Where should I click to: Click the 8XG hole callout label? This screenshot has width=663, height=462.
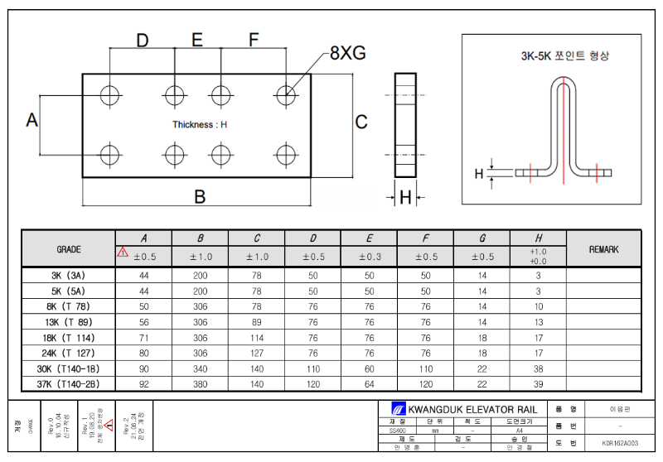coord(347,53)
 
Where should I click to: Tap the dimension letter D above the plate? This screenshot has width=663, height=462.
coord(142,41)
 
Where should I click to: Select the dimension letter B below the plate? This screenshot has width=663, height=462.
coord(200,197)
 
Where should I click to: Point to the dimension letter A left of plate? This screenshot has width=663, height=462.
coord(32,121)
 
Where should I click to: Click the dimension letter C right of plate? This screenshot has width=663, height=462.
coord(361,122)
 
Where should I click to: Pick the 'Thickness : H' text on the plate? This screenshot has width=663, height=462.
coord(200,124)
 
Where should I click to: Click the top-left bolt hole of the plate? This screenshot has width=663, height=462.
coord(110,95)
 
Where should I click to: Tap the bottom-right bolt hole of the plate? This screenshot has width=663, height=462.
coord(287,154)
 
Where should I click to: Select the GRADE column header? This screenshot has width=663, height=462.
coord(68,248)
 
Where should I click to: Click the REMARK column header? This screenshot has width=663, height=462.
coord(603,248)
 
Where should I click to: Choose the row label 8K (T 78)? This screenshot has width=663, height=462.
coord(68,306)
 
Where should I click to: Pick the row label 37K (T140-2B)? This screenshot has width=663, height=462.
coord(68,384)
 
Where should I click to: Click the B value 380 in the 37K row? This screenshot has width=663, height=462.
coord(200,384)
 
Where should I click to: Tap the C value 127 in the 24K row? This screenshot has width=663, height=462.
coord(256,353)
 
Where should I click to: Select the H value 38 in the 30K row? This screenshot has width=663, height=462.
coord(538,368)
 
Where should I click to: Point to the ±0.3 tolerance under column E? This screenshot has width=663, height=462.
coord(369,257)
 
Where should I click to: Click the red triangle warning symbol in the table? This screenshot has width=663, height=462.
coord(123,253)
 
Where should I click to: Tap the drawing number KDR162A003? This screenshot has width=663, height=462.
coord(620,443)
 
